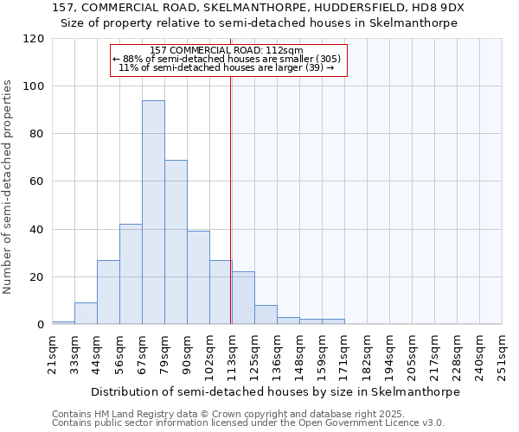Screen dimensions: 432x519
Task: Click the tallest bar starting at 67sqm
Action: tap(153, 213)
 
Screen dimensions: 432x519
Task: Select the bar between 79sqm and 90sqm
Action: tap(176, 242)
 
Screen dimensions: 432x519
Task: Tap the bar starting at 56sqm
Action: tap(131, 274)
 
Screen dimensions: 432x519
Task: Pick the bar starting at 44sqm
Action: tap(108, 292)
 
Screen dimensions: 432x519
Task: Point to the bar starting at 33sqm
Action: tap(86, 314)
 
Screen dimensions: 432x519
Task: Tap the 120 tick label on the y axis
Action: tap(34, 39)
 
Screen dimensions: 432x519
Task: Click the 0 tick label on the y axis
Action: tap(41, 325)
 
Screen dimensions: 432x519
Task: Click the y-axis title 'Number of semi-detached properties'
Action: tap(9, 187)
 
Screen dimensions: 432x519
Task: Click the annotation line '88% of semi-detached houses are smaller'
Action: tap(229, 59)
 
